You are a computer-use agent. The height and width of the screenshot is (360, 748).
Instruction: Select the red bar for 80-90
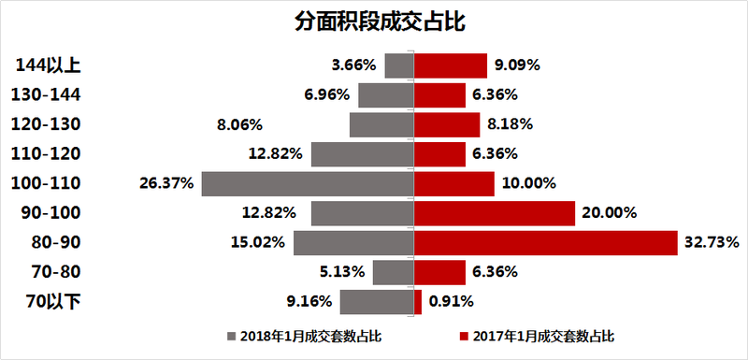(x=545, y=243)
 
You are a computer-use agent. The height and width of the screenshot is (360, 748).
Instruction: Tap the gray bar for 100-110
(x=307, y=183)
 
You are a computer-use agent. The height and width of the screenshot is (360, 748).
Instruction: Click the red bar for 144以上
(x=451, y=65)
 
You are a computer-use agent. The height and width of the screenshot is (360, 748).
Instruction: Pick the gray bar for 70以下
(x=377, y=302)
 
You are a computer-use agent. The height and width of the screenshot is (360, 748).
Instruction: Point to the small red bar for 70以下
(x=418, y=302)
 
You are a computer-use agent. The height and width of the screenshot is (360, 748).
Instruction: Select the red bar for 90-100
(x=494, y=213)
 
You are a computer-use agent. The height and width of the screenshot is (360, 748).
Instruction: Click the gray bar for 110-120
(x=362, y=154)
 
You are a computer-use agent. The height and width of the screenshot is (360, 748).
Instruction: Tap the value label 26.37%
(x=166, y=184)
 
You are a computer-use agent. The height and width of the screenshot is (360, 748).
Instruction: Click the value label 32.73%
(x=712, y=243)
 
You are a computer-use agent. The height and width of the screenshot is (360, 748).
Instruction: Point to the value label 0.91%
(x=452, y=302)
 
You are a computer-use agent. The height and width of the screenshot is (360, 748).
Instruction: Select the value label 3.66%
(x=353, y=65)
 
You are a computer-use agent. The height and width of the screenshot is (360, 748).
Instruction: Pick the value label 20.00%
(x=609, y=213)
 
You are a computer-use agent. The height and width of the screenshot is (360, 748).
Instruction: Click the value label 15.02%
(x=258, y=243)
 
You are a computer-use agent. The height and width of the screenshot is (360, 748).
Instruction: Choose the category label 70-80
(x=57, y=272)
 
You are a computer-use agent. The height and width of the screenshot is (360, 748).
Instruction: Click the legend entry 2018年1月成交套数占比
(x=303, y=335)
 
